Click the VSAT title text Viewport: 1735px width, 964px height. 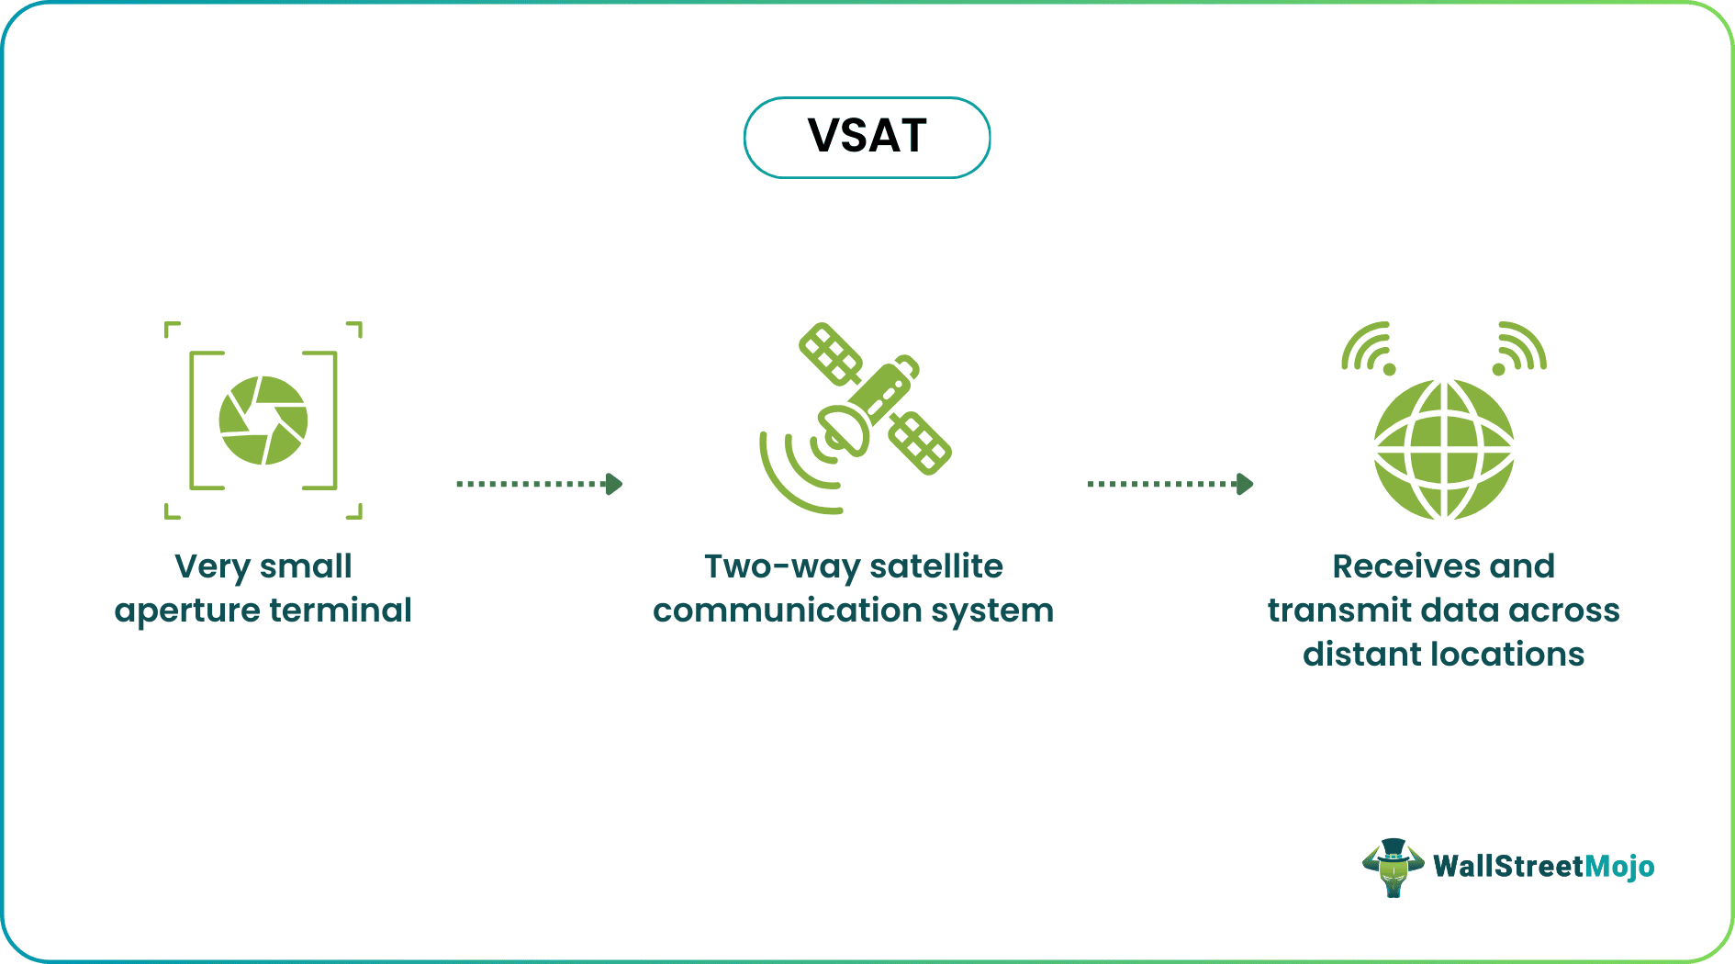pyautogui.click(x=867, y=137)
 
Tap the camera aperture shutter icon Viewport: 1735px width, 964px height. pyautogui.click(x=263, y=420)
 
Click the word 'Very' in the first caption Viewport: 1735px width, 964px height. pyautogui.click(x=212, y=566)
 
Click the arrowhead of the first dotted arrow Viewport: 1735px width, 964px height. pyautogui.click(x=615, y=484)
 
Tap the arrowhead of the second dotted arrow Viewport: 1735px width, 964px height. pyautogui.click(x=1246, y=484)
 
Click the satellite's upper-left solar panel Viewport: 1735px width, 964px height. pyautogui.click(x=830, y=354)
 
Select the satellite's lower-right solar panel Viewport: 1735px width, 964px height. pyautogui.click(x=920, y=443)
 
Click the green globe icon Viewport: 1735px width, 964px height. pyautogui.click(x=1443, y=450)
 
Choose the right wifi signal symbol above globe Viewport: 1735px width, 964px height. pyautogui.click(x=1519, y=349)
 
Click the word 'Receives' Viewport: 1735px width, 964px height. pyautogui.click(x=1405, y=566)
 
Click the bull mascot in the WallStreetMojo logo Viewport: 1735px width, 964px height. pyautogui.click(x=1393, y=867)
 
